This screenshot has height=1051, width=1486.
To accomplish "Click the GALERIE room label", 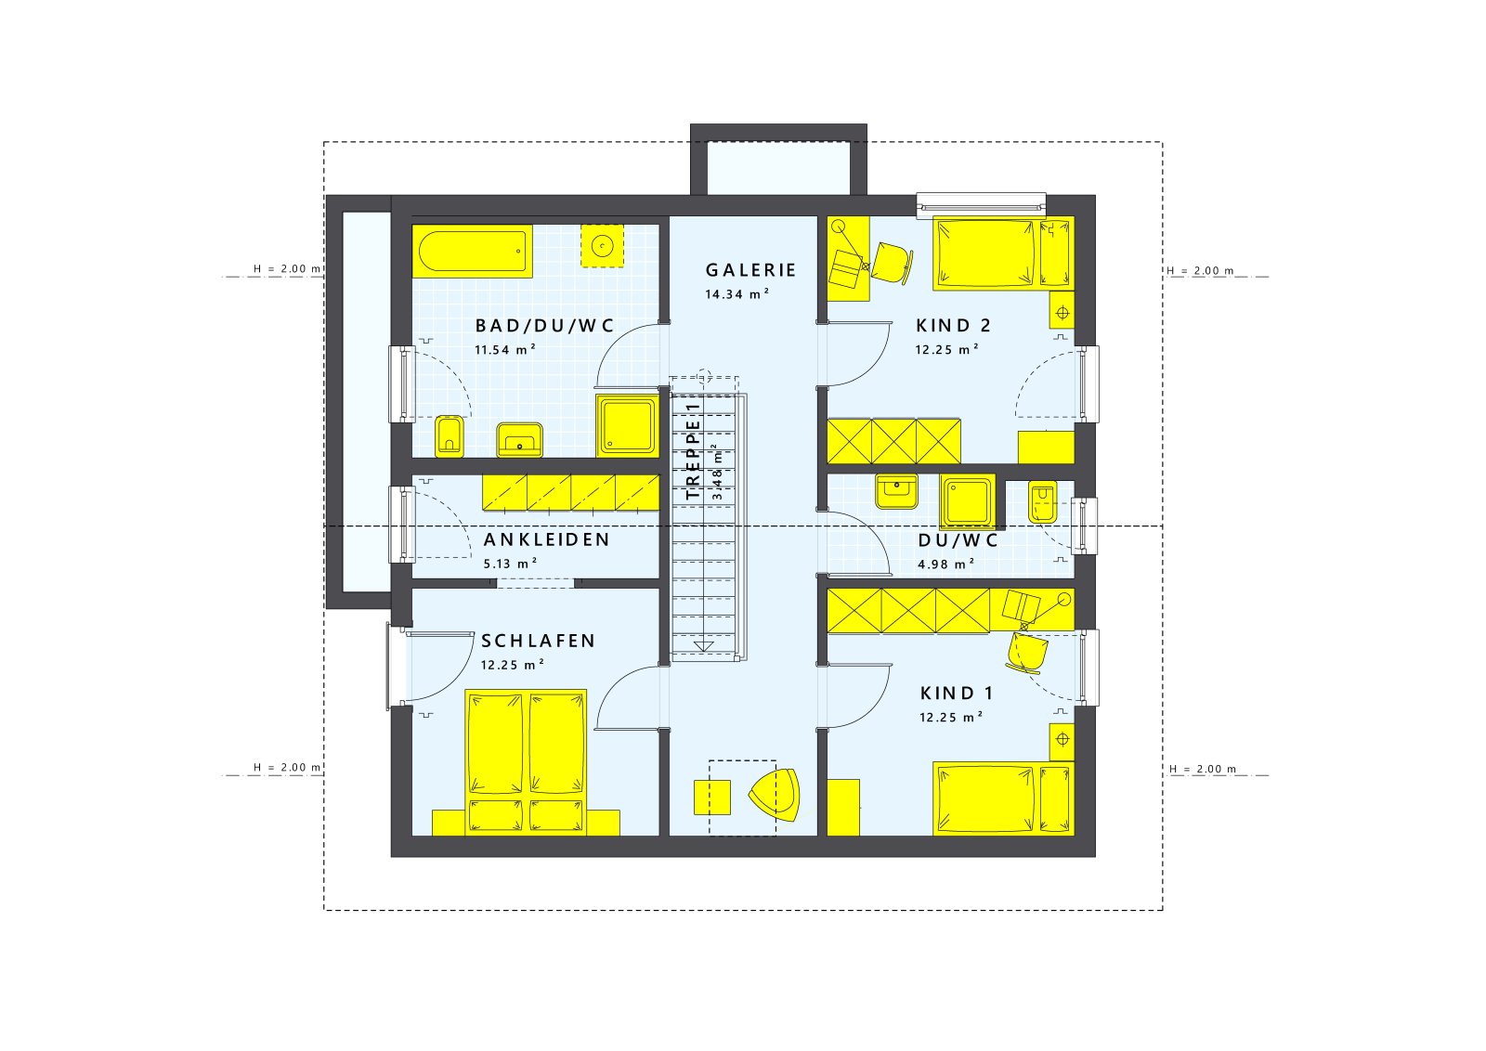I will coord(750,270).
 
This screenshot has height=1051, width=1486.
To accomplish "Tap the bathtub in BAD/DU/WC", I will coord(472,251).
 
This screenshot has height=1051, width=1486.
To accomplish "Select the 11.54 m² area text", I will coord(504,350).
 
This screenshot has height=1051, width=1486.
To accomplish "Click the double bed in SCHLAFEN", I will coord(526,761).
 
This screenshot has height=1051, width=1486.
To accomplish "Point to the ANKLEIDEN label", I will coord(546,539).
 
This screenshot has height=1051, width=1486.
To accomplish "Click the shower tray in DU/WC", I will coord(967,501).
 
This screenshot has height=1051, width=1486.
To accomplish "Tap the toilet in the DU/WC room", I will coord(1041,504).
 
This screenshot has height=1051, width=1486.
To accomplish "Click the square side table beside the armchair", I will coord(712,797).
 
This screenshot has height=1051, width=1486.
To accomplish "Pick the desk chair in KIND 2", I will coord(893,261).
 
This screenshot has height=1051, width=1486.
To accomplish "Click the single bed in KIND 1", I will coord(1001,798).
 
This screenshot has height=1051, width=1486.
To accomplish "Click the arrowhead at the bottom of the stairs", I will coord(704,646).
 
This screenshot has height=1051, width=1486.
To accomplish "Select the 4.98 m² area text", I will coord(945,564).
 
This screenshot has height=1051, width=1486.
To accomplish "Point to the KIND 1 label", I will coord(957,694).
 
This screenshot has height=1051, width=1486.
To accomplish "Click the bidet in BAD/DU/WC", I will coord(449,435).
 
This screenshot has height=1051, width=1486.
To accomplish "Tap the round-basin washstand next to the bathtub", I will coord(602,245).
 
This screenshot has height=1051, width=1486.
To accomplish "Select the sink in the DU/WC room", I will coord(896,491).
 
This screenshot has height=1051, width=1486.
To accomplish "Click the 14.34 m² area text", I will coord(736,294).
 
